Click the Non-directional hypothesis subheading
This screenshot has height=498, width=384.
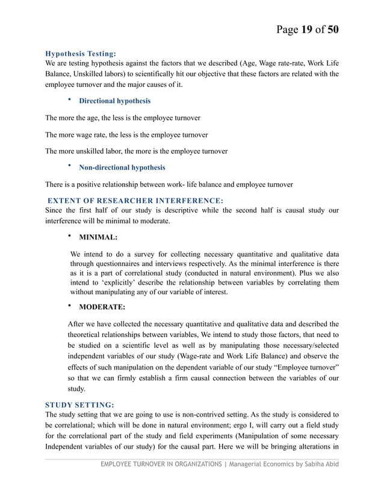(122, 167)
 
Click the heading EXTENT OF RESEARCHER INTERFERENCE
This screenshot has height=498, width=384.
(135, 200)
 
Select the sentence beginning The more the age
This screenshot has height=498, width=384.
(123, 118)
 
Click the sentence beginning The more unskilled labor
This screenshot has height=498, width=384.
(136, 150)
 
